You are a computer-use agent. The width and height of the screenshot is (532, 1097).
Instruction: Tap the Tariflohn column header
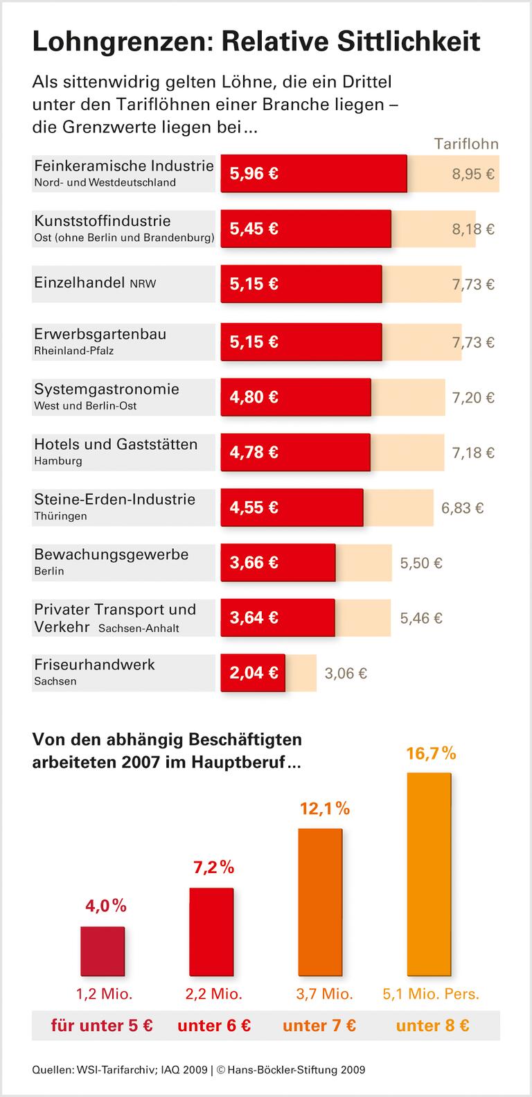click(x=466, y=144)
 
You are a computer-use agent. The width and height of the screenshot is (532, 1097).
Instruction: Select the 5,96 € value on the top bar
click(x=254, y=174)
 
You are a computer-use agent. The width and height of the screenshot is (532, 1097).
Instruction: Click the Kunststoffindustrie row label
click(x=103, y=221)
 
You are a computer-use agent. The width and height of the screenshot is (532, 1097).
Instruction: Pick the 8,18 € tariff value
click(x=473, y=229)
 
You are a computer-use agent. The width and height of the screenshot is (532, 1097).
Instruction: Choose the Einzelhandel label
click(x=80, y=283)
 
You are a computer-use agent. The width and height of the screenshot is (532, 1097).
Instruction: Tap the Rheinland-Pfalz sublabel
click(x=73, y=351)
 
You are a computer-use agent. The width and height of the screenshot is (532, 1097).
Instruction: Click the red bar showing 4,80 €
click(x=296, y=397)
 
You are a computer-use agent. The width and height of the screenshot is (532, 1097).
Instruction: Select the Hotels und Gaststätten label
click(x=116, y=444)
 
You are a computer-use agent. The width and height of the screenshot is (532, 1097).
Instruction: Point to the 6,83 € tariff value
click(x=462, y=508)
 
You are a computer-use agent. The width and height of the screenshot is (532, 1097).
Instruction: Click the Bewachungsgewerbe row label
click(x=111, y=554)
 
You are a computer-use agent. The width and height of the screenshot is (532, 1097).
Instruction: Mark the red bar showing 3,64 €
click(x=278, y=617)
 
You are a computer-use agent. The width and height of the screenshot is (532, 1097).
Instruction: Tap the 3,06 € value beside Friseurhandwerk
click(x=346, y=673)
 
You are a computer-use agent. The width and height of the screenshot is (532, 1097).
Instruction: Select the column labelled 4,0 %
click(x=103, y=949)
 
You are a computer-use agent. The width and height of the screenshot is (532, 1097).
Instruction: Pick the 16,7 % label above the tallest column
click(x=431, y=753)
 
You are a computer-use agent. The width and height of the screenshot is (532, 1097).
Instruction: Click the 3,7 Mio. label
click(x=324, y=994)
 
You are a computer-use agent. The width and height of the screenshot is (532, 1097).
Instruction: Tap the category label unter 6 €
click(x=214, y=1026)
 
